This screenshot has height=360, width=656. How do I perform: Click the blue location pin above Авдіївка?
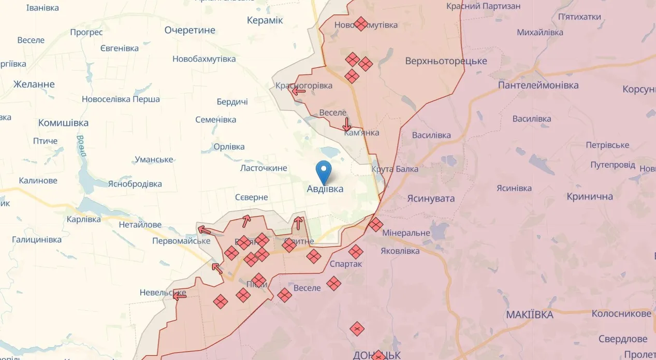[x=324, y=171]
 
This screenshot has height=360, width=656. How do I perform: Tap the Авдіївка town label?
[x=325, y=189]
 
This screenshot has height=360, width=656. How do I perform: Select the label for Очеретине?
[x=189, y=30]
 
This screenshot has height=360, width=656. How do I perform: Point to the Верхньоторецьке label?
[x=446, y=61]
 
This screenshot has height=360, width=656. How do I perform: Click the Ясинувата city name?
[x=431, y=198]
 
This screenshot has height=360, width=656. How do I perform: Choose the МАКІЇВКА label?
[x=530, y=314]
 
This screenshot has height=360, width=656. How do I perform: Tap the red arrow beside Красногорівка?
[x=298, y=92]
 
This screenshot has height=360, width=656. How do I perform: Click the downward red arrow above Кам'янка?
[x=346, y=124]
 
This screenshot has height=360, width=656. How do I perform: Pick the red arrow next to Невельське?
[x=179, y=295]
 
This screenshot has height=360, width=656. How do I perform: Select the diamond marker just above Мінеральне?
[x=376, y=225]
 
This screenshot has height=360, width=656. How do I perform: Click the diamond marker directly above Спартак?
[x=355, y=252]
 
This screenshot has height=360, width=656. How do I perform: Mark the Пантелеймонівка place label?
[x=538, y=85]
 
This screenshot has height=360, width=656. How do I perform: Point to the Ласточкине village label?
[x=264, y=168]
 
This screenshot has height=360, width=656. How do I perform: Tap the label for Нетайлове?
[x=140, y=225]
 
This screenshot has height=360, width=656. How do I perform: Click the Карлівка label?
[x=84, y=219]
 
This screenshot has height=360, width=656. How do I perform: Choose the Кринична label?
[x=590, y=196]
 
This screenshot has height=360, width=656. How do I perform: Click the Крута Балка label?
[x=395, y=169]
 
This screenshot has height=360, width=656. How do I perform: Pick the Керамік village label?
[x=265, y=20]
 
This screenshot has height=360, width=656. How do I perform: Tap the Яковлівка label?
[x=400, y=251]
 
